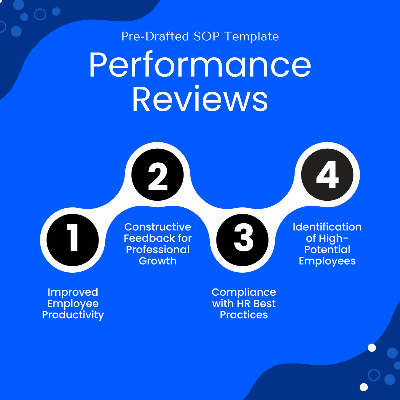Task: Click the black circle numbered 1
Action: [73, 240]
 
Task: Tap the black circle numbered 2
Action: [158, 175]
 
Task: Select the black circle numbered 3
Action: [242, 240]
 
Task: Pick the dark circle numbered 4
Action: [327, 175]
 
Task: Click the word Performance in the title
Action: [200, 66]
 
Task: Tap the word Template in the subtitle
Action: [251, 37]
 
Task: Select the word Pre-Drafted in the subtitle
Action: [155, 37]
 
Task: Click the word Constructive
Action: [158, 227]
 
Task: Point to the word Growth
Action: [158, 261]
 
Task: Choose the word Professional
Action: [158, 250]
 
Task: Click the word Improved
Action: [73, 292]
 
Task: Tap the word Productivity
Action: [73, 315]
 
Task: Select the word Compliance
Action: [244, 292]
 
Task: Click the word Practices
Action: [244, 315]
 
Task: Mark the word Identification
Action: [327, 227]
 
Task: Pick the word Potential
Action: [327, 250]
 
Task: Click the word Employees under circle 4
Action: [327, 261]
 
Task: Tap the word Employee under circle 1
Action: [73, 304]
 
